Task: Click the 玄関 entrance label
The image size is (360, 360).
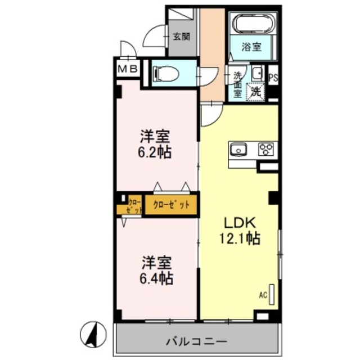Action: point(181,37)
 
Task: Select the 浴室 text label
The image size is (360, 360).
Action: point(251,48)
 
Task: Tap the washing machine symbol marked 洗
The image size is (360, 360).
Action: point(256,90)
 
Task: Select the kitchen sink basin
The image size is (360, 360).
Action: point(238,150)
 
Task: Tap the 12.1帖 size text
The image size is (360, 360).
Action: point(239,238)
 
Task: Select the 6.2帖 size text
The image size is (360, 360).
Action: point(156,152)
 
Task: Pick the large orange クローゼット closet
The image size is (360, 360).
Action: point(171,205)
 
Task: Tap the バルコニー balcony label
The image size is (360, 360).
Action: point(196,340)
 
